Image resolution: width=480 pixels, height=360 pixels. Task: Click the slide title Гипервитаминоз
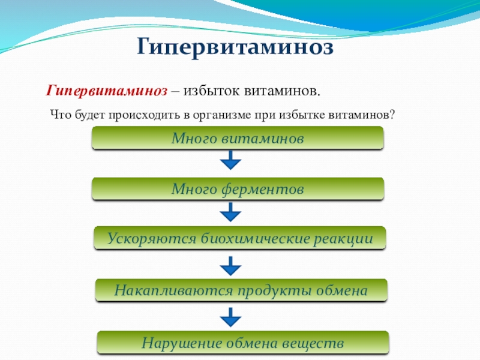pyautogui.click(x=236, y=46)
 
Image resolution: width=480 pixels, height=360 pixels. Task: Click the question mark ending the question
pyautogui.click(x=392, y=114)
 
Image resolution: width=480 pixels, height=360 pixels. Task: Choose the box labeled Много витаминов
pyautogui.click(x=238, y=139)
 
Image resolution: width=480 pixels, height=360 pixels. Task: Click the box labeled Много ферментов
pyautogui.click(x=238, y=189)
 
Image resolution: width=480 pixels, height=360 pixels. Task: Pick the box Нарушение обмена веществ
pyautogui.click(x=242, y=343)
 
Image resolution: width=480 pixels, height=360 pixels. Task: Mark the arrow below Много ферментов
pyautogui.click(x=230, y=212)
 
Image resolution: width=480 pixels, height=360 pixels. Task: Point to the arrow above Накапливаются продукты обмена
pyautogui.click(x=230, y=265)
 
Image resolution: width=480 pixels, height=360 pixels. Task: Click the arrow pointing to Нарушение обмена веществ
pyautogui.click(x=230, y=316)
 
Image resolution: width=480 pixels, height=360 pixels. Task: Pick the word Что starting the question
pyautogui.click(x=59, y=114)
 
